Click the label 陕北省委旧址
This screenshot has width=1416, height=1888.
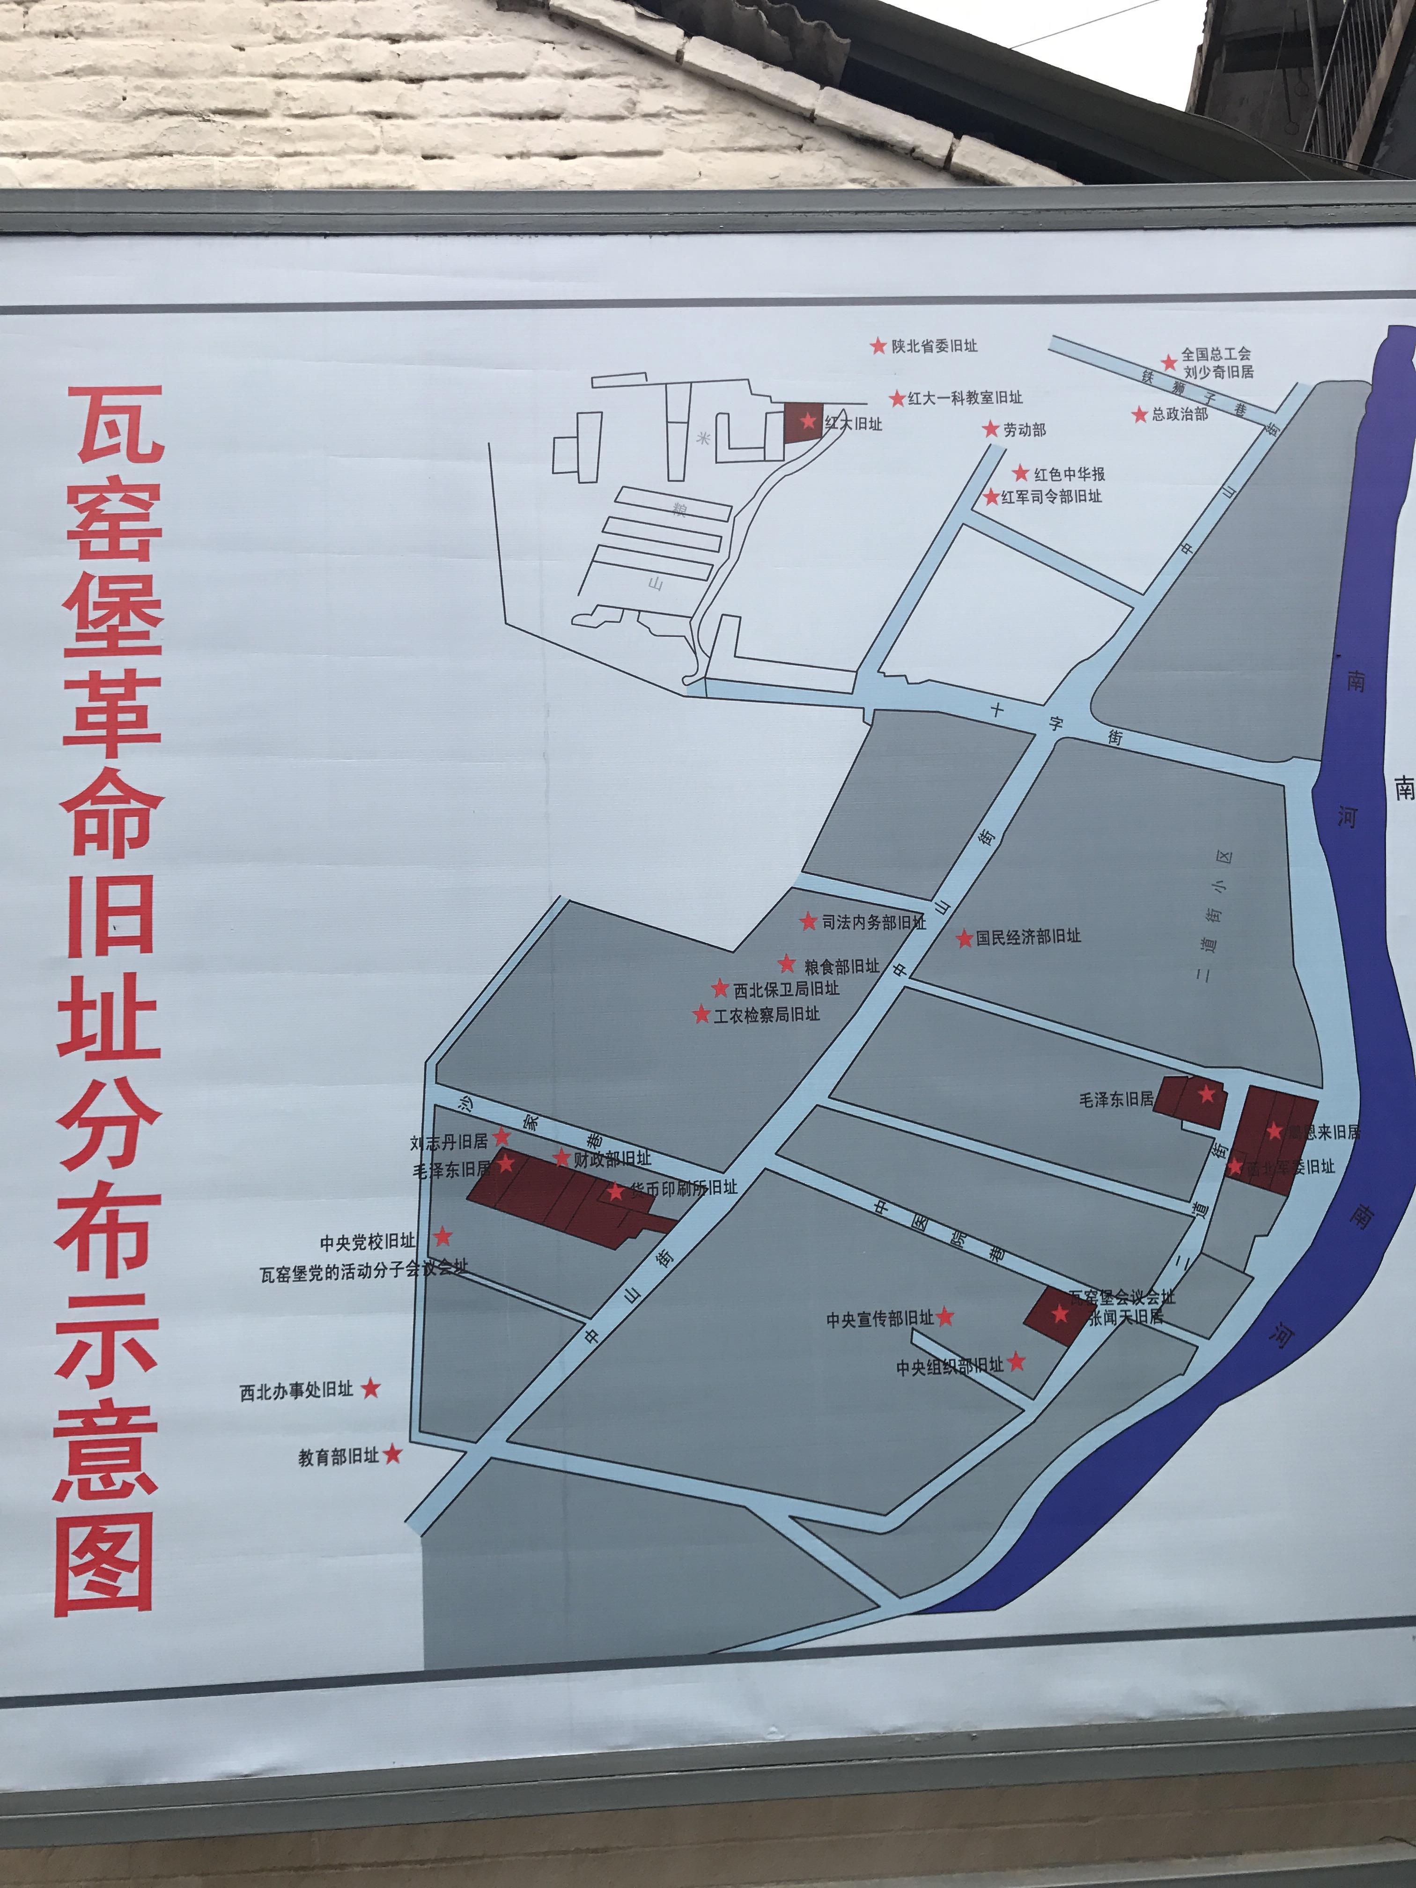934,347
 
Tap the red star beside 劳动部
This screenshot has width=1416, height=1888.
990,429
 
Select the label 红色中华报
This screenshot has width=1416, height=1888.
1069,474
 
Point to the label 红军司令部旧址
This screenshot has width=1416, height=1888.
1052,497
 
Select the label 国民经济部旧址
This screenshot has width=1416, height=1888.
1028,937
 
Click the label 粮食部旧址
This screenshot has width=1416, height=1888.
841,966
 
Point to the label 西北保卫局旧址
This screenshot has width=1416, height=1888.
786,989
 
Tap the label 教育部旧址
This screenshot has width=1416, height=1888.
338,1457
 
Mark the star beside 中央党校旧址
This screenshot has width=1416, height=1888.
443,1237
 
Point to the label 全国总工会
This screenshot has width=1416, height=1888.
1216,354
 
